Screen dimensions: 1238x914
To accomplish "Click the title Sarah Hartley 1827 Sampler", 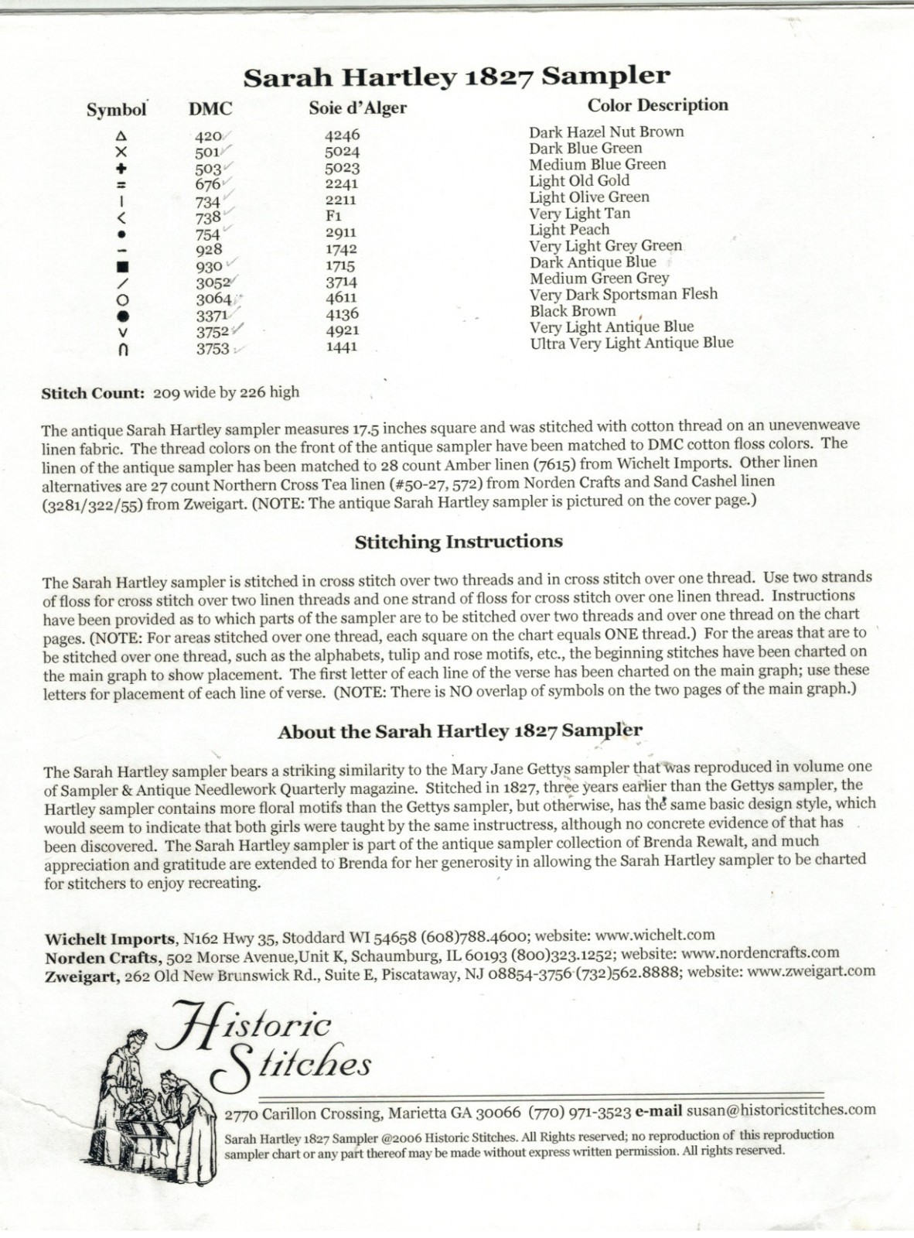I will tap(456, 77).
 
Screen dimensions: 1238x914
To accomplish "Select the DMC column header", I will tap(210, 109).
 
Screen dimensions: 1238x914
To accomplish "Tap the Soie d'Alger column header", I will tap(357, 108).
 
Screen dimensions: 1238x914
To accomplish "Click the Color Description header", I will tap(657, 105).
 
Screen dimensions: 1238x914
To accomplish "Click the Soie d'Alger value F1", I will tap(334, 216).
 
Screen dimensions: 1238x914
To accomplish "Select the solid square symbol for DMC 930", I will tap(121, 266).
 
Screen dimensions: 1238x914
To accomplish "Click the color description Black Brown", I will tap(573, 311).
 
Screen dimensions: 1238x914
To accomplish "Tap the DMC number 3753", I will tap(213, 348).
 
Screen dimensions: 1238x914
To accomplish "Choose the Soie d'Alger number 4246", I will tap(342, 135).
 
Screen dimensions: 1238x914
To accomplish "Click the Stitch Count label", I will tap(93, 392).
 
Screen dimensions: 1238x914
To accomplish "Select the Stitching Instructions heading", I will tap(459, 542).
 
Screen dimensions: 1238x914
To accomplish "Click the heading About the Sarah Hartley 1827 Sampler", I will tap(459, 731).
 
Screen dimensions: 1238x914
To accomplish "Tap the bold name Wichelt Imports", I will tap(110, 939).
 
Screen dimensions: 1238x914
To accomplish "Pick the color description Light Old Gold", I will tap(579, 181).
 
